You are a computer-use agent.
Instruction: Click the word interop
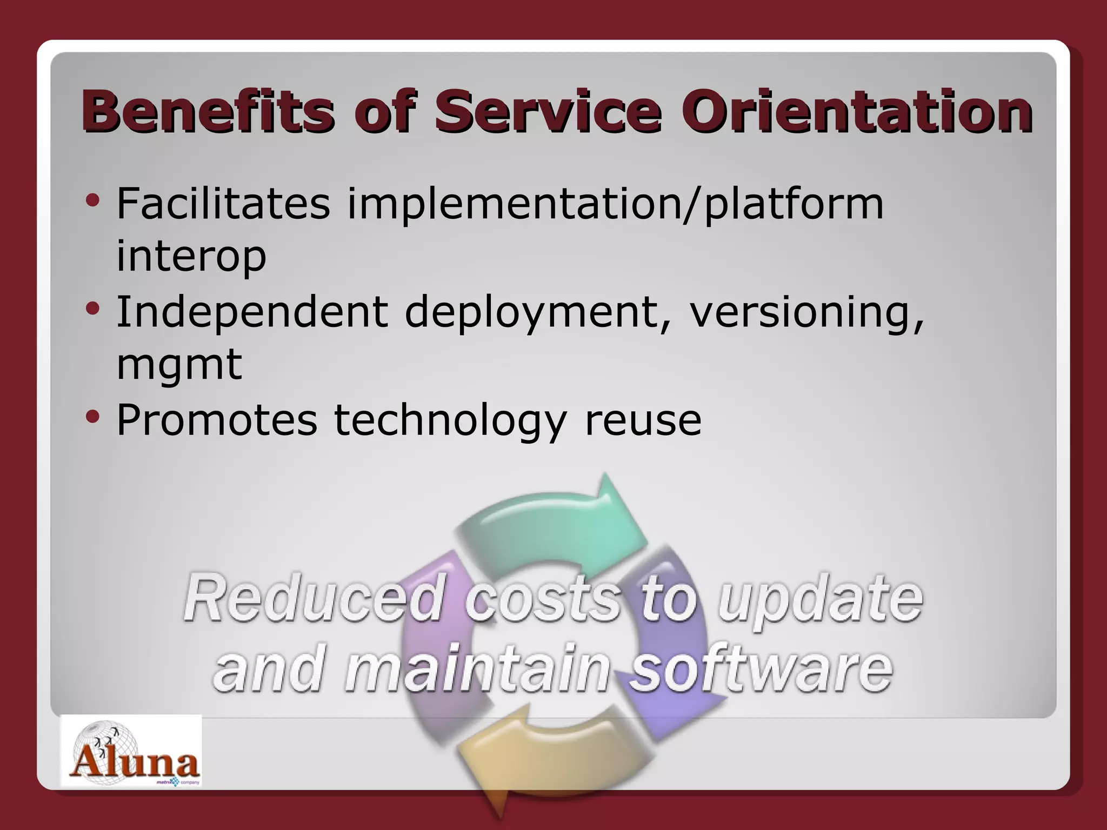191,257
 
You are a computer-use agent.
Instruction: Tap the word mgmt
179,365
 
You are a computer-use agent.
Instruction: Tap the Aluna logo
131,752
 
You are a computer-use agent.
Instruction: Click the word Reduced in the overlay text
314,599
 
